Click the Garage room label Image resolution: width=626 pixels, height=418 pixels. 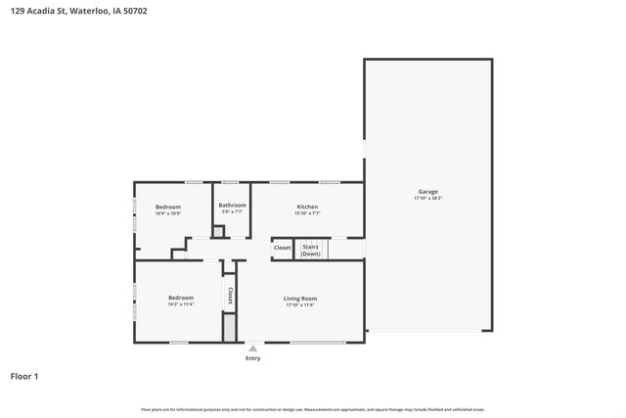click(427, 191)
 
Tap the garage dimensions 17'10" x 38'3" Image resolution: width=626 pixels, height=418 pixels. click(427, 199)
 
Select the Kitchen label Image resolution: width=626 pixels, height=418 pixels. click(307, 206)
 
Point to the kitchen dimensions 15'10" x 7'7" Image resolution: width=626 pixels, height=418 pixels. click(307, 212)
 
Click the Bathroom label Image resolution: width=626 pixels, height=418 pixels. click(232, 205)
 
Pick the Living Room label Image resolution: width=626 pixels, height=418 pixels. click(300, 298)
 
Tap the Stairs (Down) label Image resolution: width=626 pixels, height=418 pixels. click(311, 250)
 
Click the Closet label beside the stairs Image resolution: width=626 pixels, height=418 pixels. click(282, 248)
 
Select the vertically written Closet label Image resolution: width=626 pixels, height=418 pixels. click(230, 293)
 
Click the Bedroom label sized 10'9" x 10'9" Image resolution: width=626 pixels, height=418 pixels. click(168, 206)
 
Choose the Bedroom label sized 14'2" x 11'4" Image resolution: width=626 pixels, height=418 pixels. click(181, 298)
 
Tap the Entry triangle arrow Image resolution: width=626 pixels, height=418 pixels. click(253, 348)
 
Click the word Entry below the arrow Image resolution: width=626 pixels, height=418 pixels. click(253, 358)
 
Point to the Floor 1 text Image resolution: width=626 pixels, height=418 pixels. click(24, 376)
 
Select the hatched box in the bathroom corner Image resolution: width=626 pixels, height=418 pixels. click(219, 231)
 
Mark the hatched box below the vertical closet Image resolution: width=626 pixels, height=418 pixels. click(230, 327)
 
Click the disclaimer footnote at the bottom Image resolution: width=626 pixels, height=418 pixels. click(312, 409)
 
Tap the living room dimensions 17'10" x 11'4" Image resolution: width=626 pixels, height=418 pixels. click(300, 305)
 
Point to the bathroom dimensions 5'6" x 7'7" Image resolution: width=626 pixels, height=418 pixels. click(232, 211)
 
